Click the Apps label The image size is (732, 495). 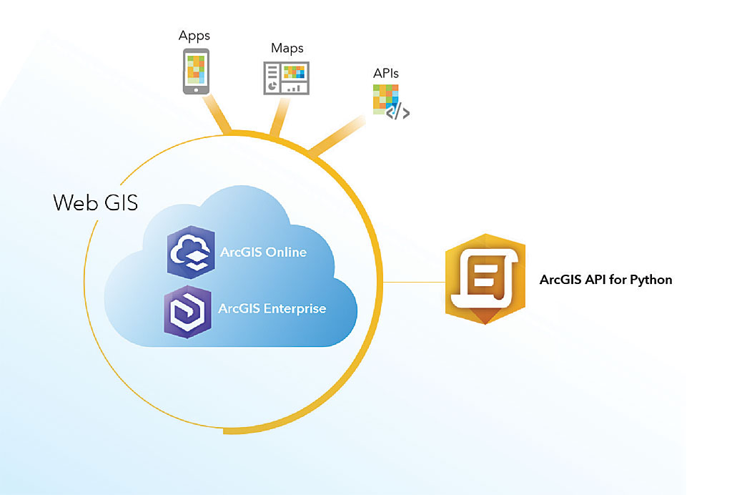(x=194, y=34)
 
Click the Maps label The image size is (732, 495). (x=287, y=49)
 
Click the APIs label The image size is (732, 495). (x=386, y=74)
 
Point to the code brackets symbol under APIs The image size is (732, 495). (x=398, y=112)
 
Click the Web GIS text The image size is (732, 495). (x=96, y=202)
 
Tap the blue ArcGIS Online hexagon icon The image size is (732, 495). (x=191, y=253)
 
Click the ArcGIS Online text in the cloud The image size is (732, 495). (x=262, y=252)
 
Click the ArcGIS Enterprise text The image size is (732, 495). (x=272, y=309)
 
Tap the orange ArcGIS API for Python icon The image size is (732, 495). (x=485, y=279)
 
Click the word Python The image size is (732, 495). (x=651, y=280)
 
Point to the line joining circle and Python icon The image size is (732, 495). (x=415, y=282)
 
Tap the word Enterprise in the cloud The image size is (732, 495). (x=295, y=309)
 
